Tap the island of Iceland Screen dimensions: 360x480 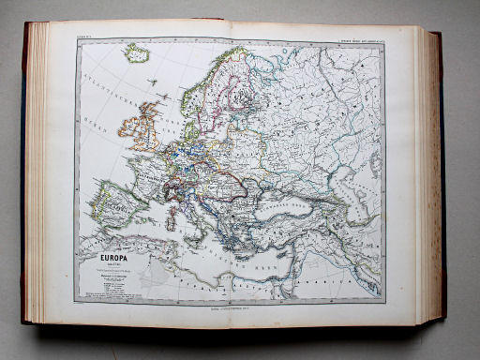(137, 53)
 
